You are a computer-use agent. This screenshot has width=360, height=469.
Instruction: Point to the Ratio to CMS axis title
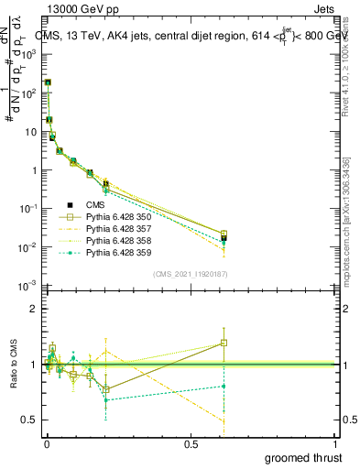[x=14, y=365]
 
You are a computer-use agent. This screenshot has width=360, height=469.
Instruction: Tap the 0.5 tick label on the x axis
[x=191, y=444]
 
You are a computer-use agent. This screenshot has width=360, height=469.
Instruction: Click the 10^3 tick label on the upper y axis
[x=28, y=54]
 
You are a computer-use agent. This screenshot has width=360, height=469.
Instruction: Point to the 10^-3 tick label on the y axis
[x=28, y=287]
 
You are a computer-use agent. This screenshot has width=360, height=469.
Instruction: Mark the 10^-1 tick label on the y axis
[x=28, y=209]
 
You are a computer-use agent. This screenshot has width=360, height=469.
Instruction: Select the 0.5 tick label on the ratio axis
[x=28, y=420]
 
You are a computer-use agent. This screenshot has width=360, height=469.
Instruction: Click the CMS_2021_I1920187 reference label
[x=189, y=274]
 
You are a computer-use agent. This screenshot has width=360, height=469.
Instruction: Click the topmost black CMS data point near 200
[x=48, y=82]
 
